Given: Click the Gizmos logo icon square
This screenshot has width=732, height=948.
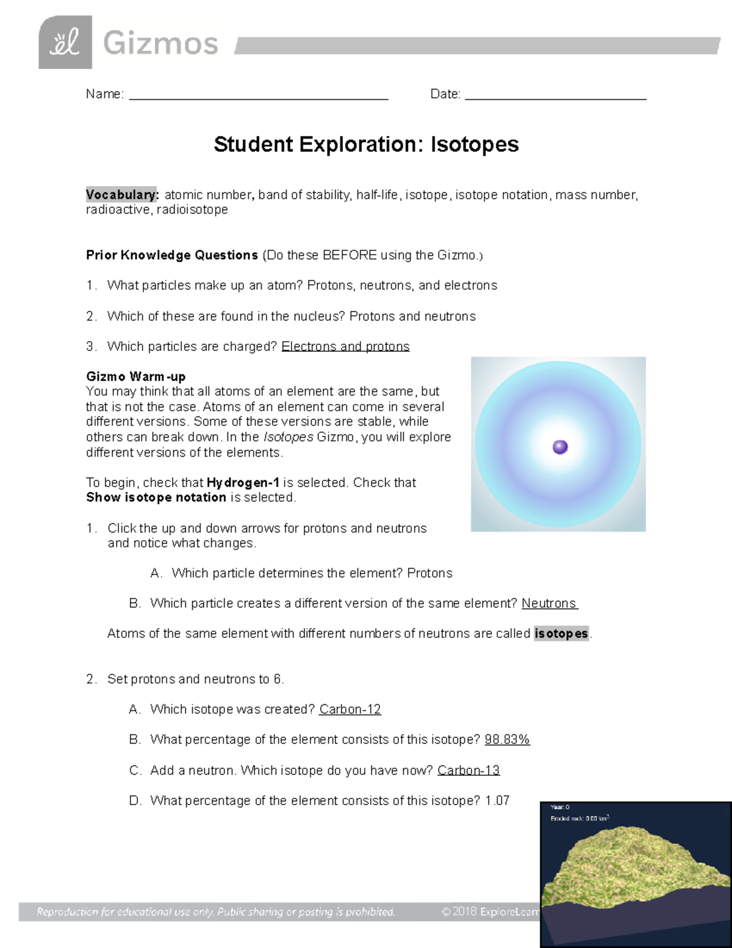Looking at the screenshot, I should click(65, 42).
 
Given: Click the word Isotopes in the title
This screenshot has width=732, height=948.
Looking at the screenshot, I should click(475, 145).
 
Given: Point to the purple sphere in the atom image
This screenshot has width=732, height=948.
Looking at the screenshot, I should click(560, 447).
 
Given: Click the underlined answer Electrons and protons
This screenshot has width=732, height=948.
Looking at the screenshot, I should click(345, 347).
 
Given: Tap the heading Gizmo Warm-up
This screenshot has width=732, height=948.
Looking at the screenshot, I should click(135, 377).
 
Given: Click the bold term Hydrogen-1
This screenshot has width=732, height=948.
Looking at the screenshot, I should click(243, 483).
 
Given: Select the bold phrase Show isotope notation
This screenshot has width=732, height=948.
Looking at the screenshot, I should click(156, 498).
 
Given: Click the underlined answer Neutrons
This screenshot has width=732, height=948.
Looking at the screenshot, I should click(549, 604).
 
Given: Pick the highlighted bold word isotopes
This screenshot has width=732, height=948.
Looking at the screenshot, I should click(561, 634).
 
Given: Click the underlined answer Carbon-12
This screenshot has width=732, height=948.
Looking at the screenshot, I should click(350, 709).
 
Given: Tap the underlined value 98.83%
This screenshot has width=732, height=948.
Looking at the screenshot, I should click(507, 740).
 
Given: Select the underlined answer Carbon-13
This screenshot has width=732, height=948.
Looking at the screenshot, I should click(468, 770).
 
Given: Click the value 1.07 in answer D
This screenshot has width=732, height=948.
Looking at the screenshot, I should click(497, 801).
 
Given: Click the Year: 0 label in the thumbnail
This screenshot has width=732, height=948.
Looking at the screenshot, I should click(559, 807).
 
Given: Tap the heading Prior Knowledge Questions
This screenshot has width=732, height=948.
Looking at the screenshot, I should click(172, 255).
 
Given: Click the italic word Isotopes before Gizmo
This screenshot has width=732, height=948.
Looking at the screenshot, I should click(289, 437).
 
